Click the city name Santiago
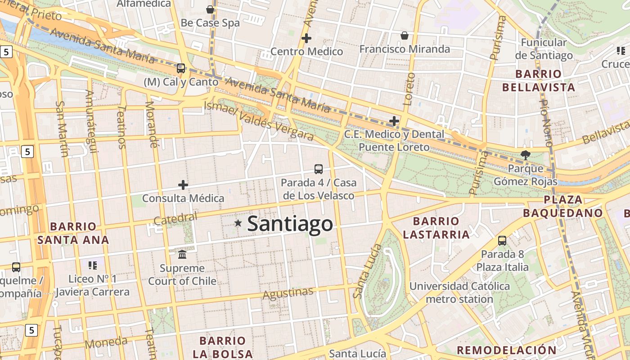[x=290, y=224]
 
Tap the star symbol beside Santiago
[x=238, y=223]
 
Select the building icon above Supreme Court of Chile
[x=182, y=255]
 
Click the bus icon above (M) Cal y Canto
[x=181, y=68]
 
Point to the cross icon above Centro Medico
[x=306, y=38]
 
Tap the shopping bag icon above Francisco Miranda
[x=405, y=36]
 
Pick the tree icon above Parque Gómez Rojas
[x=525, y=155]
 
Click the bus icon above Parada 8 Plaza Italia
[x=502, y=241]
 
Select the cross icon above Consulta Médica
[x=183, y=185]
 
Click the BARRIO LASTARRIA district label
[x=436, y=228]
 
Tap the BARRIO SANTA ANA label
[x=73, y=233]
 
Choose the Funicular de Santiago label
[x=544, y=49]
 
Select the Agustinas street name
[x=288, y=293]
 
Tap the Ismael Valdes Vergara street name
[x=258, y=120]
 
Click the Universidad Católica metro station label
[x=459, y=292]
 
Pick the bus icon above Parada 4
[x=319, y=169]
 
